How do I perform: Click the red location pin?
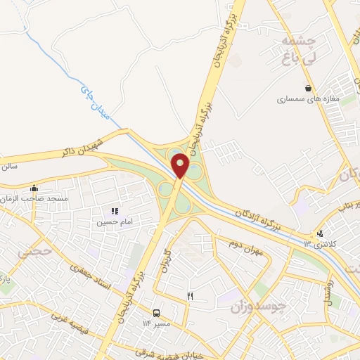pos(181,167)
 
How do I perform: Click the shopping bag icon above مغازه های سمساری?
pos(309,88)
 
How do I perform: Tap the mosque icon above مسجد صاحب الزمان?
pos(34,188)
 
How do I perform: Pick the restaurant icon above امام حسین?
pos(115,210)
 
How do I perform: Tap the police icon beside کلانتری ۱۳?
pos(320,234)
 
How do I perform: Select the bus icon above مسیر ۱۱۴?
pos(156,312)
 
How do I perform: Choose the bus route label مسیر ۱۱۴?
pos(157,323)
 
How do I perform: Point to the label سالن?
pos(8,167)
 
